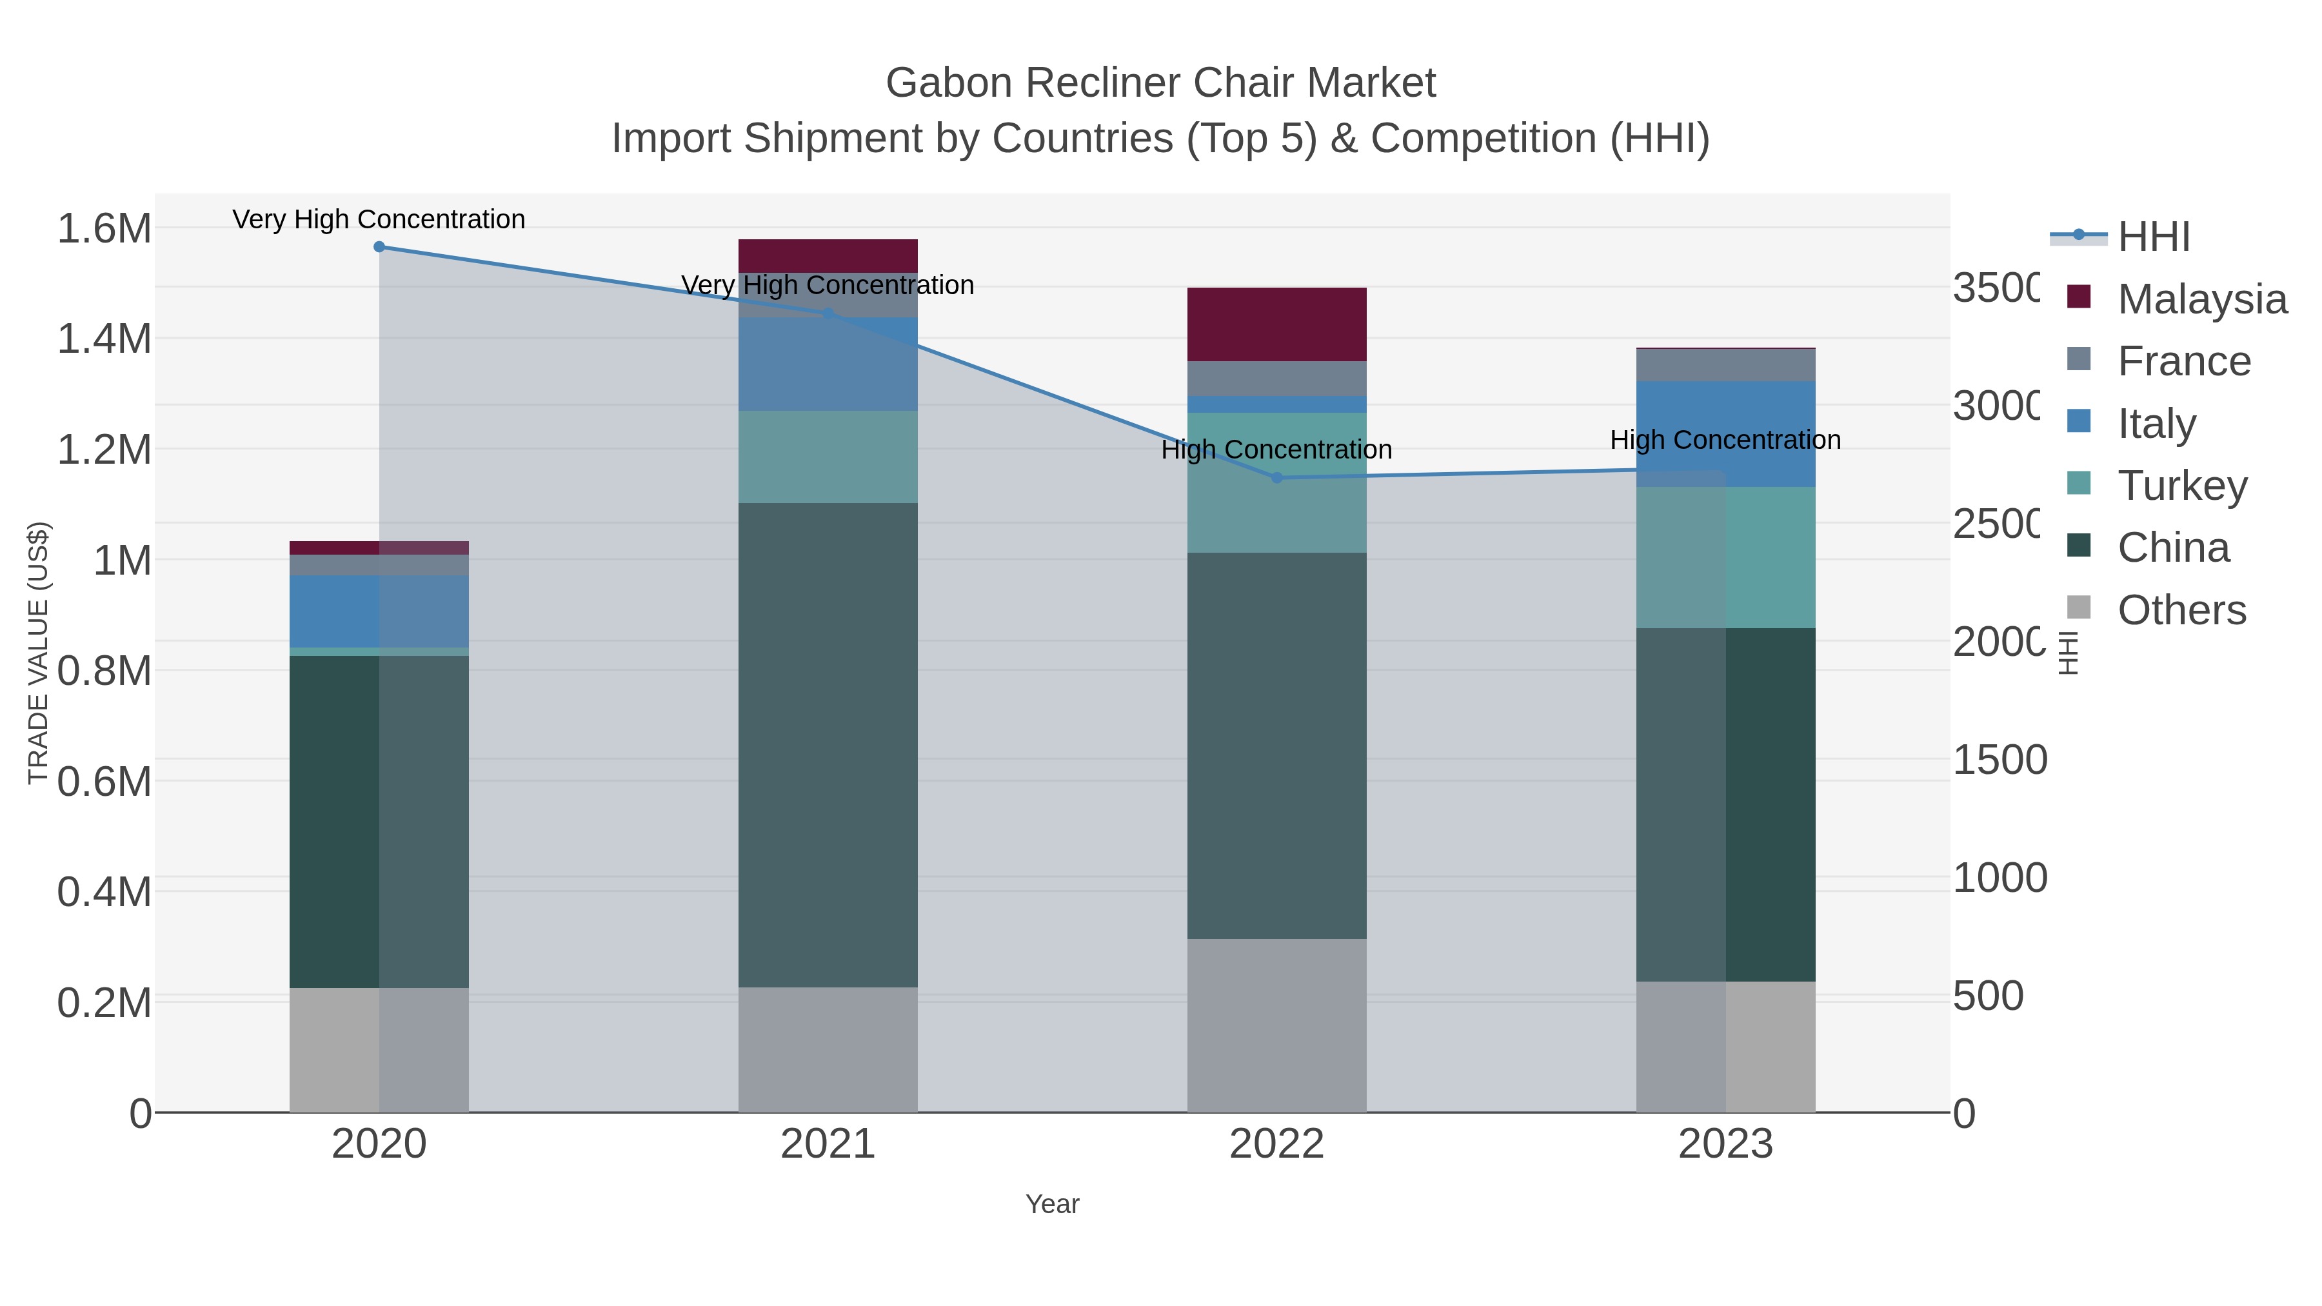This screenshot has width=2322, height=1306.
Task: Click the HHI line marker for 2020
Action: click(379, 247)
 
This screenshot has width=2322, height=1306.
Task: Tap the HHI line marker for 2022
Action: click(1276, 478)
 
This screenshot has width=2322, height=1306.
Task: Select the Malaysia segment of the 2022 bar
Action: click(1276, 324)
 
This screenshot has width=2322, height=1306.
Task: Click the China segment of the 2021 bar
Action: click(828, 744)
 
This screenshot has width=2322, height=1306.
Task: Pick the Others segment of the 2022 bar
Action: click(1276, 1025)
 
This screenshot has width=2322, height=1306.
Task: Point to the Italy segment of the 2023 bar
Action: click(1725, 435)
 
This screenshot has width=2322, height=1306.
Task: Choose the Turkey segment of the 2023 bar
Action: click(1725, 557)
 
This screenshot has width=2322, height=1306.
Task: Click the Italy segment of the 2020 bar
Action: click(379, 611)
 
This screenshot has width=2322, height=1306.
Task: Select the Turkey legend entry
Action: click(2181, 486)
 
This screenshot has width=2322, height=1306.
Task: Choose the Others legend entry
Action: click(2181, 610)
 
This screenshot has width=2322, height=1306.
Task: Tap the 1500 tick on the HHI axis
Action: click(1999, 760)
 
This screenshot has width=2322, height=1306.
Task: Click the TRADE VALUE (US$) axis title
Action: click(38, 653)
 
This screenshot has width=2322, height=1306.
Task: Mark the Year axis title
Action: click(1052, 1204)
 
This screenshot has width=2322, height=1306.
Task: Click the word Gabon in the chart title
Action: click(949, 83)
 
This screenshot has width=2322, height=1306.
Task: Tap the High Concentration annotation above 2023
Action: click(1725, 440)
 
